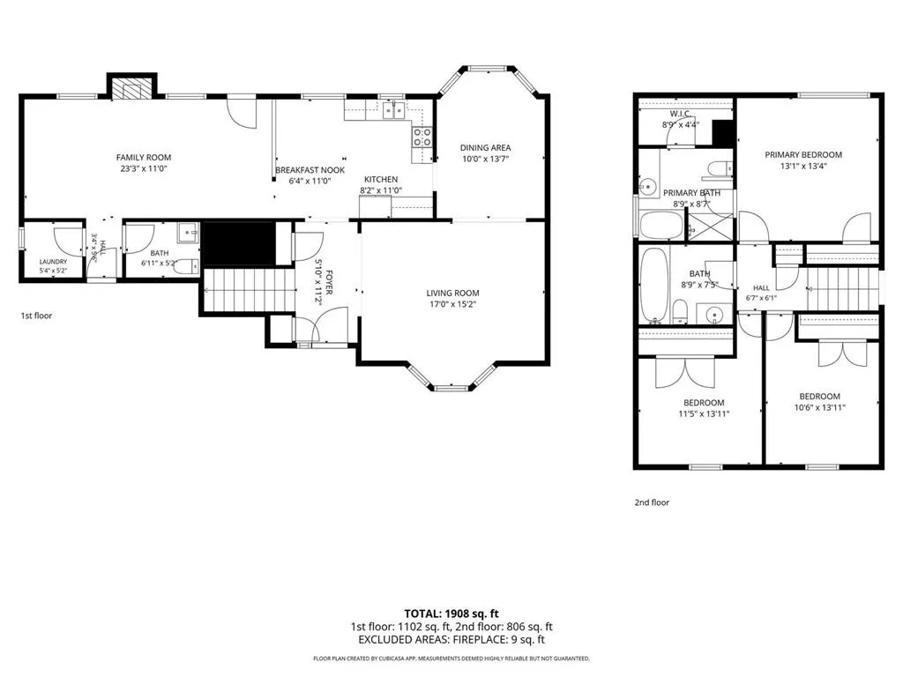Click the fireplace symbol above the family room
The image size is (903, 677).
pos(132,86)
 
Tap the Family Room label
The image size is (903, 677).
pos(144,157)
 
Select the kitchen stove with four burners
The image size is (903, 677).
pos(422,137)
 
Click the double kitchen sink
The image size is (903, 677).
pos(394,108)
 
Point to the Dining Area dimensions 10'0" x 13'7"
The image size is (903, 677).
pos(485,159)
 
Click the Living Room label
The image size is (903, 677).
pos(452,293)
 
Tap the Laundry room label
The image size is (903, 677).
pos(53,261)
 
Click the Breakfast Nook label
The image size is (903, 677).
pos(310,170)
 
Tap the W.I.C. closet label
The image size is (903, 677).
pos(681,114)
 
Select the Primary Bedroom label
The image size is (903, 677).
pos(803,154)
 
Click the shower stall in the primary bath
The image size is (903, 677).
pos(711,227)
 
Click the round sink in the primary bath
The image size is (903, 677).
pos(648,186)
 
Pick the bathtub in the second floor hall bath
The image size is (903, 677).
pos(653,285)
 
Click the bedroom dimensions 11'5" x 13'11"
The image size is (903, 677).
pos(704,413)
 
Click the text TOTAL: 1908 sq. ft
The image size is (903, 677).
pos(451,614)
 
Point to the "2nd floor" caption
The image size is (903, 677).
pos(652,502)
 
